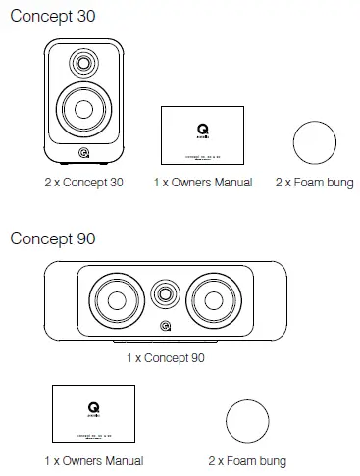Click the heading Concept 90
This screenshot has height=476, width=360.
[52, 238]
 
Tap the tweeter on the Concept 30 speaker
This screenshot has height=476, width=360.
[83, 67]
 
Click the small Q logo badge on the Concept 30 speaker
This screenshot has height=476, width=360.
[83, 151]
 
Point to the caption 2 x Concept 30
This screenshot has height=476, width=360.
[83, 183]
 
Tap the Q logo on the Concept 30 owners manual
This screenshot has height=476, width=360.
[202, 126]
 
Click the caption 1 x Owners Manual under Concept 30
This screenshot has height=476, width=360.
[203, 183]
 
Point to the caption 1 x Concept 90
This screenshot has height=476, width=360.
[166, 358]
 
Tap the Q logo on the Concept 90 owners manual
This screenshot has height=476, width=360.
[93, 403]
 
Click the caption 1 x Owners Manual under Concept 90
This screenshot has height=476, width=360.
[93, 460]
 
